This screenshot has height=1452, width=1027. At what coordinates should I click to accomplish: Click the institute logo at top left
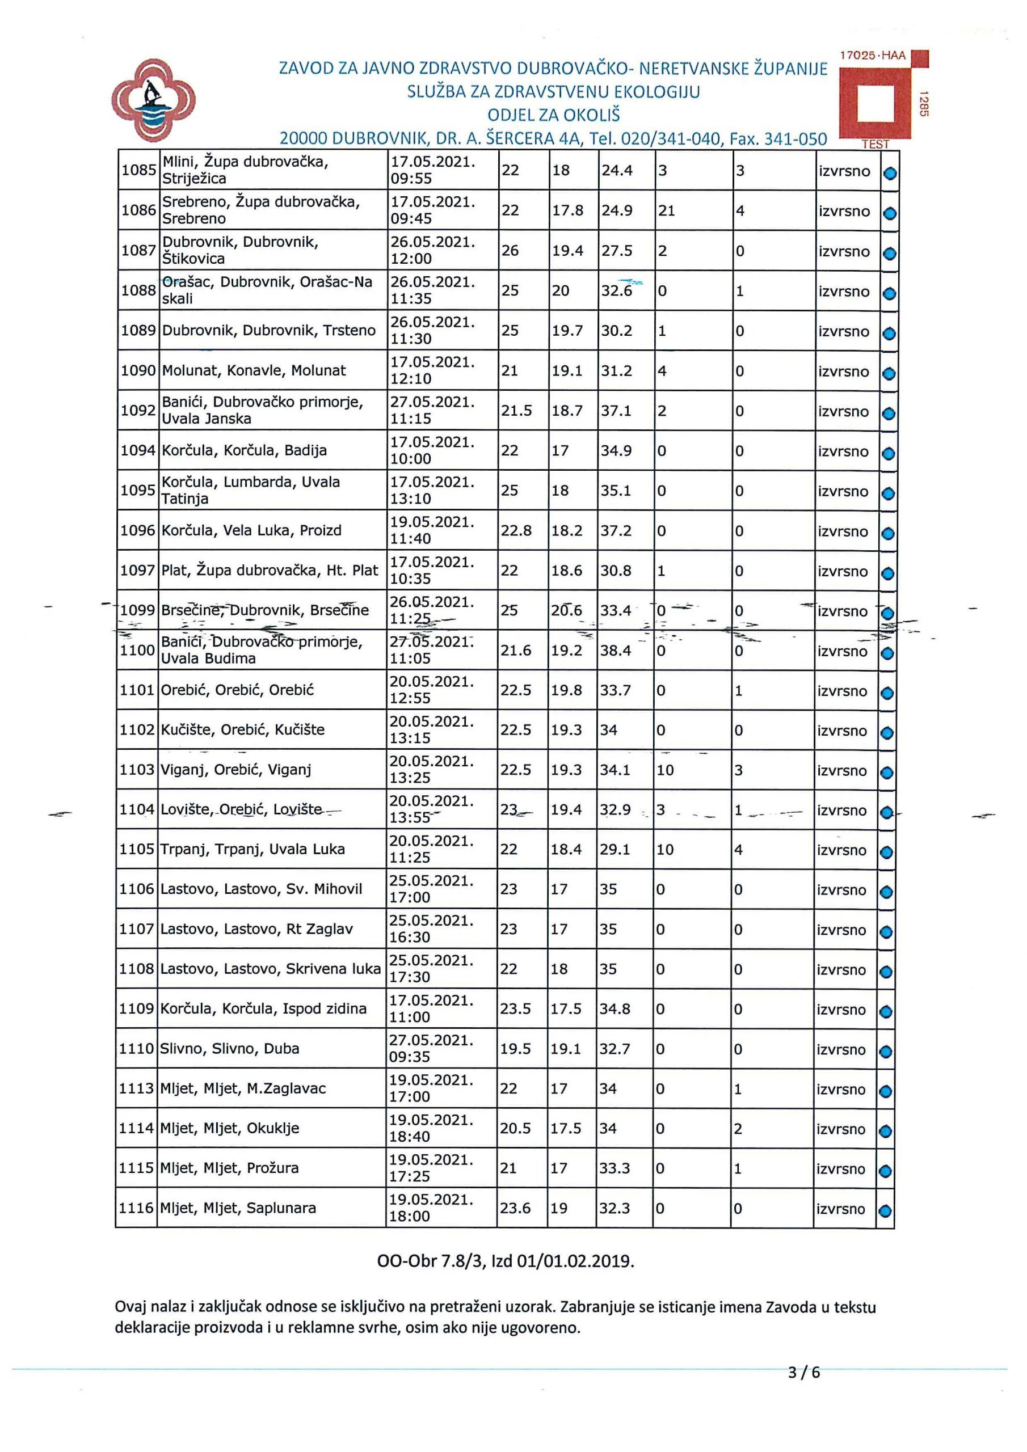[153, 101]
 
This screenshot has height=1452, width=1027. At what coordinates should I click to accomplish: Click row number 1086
[138, 210]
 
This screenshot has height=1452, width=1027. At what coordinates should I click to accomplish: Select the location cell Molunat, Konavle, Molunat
[254, 370]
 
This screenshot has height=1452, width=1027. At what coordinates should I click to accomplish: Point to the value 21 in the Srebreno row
[666, 210]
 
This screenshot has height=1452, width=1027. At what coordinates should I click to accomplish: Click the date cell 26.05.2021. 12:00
[432, 251]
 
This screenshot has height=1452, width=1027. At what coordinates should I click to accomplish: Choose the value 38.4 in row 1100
[616, 650]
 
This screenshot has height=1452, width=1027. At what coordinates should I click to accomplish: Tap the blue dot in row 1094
[889, 453]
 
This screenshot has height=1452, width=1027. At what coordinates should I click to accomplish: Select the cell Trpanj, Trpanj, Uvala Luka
[252, 849]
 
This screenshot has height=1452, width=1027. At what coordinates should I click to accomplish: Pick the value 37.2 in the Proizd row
[616, 530]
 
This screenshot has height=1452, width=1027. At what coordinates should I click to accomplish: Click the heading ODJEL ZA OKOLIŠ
[553, 115]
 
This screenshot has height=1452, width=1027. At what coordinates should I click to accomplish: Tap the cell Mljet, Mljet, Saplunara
[238, 1208]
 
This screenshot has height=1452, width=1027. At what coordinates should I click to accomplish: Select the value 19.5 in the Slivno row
[516, 1049]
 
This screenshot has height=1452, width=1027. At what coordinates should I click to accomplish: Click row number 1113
[137, 1088]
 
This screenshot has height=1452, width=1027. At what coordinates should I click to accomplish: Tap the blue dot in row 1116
[885, 1210]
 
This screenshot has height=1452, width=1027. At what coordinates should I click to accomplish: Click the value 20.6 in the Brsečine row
[566, 611]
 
